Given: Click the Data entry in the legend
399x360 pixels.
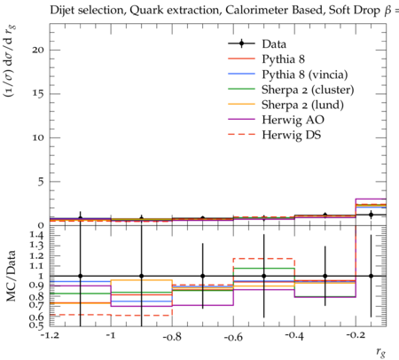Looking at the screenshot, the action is pyautogui.click(x=274, y=44).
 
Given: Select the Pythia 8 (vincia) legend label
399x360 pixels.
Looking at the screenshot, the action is pyautogui.click(x=305, y=74).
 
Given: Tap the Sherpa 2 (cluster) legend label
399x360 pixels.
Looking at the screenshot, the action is pyautogui.click(x=308, y=90).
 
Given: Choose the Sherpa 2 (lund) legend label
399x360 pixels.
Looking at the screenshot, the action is pyautogui.click(x=302, y=105).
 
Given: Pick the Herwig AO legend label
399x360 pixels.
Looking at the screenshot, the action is pyautogui.click(x=293, y=120).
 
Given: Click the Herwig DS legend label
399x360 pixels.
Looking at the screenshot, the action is pyautogui.click(x=292, y=135).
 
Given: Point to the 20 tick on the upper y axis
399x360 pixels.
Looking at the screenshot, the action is pyautogui.click(x=38, y=50).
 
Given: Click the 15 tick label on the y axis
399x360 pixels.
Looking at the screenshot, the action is pyautogui.click(x=38, y=94).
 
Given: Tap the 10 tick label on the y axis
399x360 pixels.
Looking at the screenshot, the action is pyautogui.click(x=38, y=137).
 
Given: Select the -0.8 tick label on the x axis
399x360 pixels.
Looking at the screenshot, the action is pyautogui.click(x=172, y=337).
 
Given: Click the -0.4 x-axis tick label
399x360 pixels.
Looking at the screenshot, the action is pyautogui.click(x=294, y=336).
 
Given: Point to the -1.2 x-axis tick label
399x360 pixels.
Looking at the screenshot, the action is pyautogui.click(x=50, y=335).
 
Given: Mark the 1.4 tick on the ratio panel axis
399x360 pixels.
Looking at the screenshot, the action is pyautogui.click(x=37, y=235).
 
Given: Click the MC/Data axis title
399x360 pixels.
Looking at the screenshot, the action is pyautogui.click(x=11, y=276).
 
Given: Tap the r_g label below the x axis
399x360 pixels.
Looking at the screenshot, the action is pyautogui.click(x=381, y=352).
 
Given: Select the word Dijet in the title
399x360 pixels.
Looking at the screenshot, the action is pyautogui.click(x=61, y=10).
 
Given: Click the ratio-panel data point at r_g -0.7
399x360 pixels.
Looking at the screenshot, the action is pyautogui.click(x=203, y=276).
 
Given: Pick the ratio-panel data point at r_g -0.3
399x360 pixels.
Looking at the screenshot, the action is pyautogui.click(x=325, y=276).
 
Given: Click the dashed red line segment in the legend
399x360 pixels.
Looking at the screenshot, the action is pyautogui.click(x=241, y=135).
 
